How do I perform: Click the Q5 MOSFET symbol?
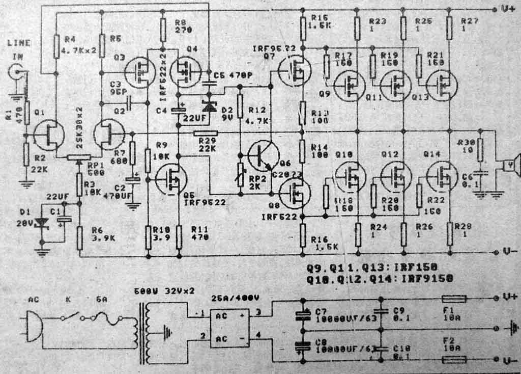pyautogui.click(x=170, y=178)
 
